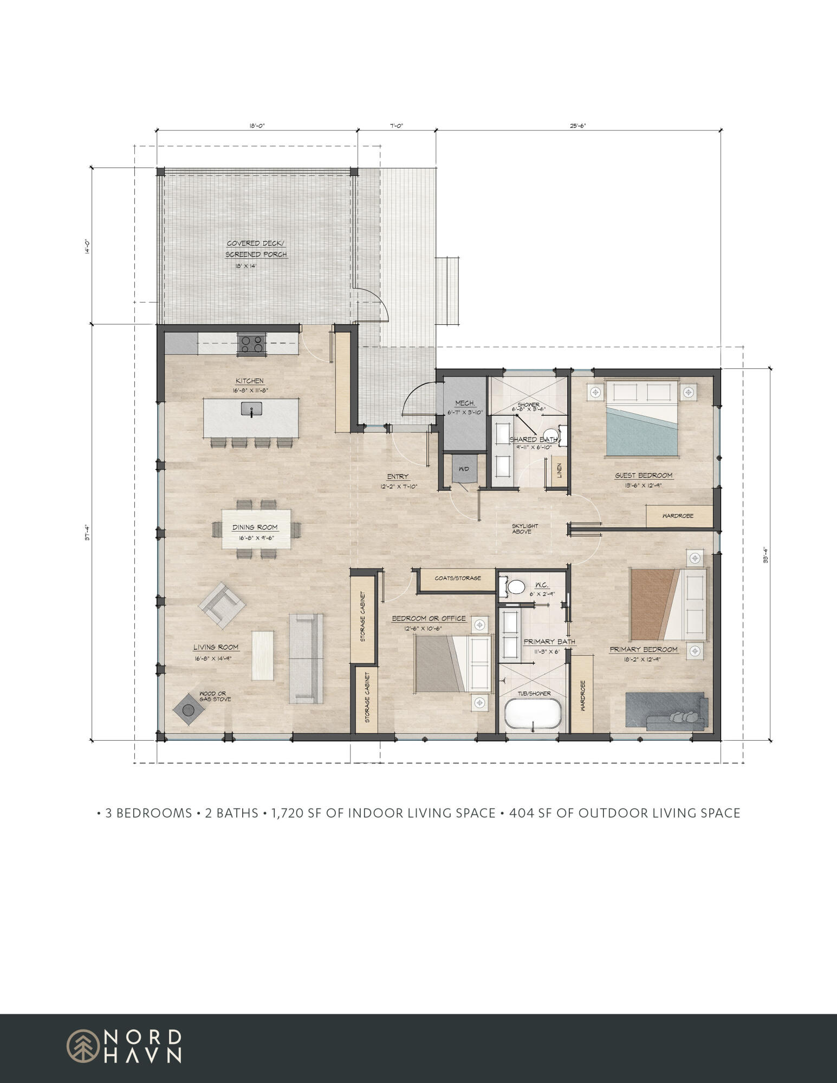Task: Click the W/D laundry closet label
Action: (464, 469)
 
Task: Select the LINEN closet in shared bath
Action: (559, 471)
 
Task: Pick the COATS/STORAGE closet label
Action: (458, 578)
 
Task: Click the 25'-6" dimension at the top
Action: (578, 126)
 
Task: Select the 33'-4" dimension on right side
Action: (765, 554)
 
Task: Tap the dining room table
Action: (256, 528)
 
